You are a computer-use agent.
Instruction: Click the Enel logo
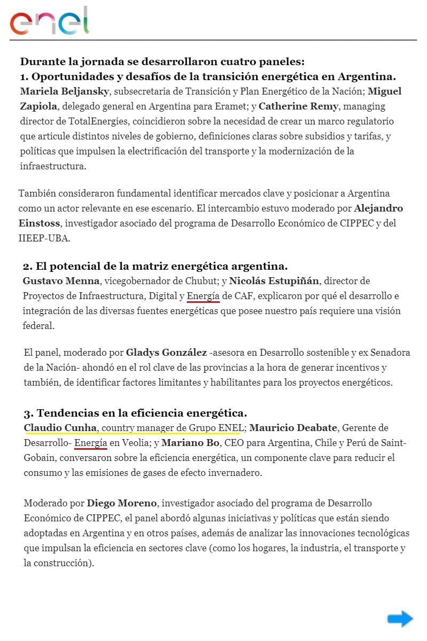coord(49,21)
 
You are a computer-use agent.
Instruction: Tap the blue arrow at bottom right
coord(400,619)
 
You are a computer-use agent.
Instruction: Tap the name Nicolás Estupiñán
coord(274,281)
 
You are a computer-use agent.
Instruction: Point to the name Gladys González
coord(166,353)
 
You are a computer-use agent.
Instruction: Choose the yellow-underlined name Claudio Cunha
coord(60,428)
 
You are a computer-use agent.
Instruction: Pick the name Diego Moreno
coord(122,503)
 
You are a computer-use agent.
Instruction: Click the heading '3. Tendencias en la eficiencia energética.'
coord(135,413)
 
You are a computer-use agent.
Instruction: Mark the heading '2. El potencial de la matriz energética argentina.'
coord(155,266)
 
